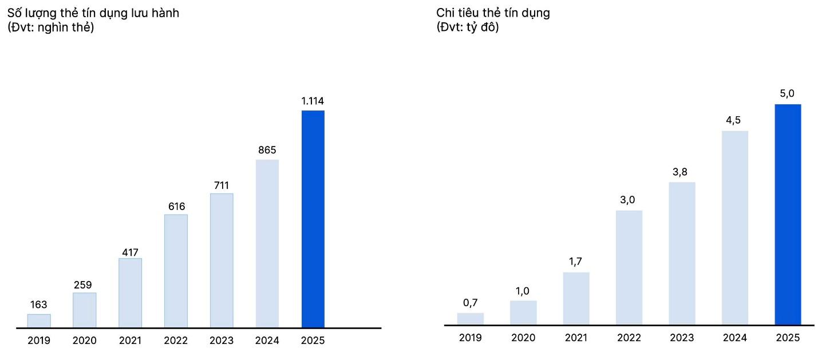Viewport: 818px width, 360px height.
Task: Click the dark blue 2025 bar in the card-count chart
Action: click(313, 219)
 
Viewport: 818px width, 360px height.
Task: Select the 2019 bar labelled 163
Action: click(39, 321)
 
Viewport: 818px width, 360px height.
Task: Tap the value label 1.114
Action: click(313, 101)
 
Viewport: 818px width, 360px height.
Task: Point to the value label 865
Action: click(267, 151)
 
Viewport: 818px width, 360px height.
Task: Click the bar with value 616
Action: click(176, 271)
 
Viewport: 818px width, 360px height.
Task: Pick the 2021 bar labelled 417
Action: click(130, 293)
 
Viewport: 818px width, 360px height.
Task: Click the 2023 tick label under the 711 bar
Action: click(221, 341)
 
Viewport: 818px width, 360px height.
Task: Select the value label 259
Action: click(84, 284)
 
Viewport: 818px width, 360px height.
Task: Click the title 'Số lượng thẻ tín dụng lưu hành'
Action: click(93, 13)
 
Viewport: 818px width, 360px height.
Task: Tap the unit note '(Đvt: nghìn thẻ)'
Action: click(50, 27)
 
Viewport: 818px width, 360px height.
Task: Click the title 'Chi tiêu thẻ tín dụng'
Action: click(493, 13)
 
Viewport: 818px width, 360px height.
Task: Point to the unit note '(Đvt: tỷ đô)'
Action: click(468, 27)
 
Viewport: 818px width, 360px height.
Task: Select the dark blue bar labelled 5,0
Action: click(787, 215)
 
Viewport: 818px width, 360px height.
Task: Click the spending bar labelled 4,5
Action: click(734, 228)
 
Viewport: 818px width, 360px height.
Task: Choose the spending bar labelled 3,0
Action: click(629, 268)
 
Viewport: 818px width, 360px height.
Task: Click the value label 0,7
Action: click(470, 303)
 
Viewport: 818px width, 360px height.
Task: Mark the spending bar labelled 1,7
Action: click(576, 299)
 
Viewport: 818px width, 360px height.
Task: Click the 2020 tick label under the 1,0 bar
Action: click(523, 338)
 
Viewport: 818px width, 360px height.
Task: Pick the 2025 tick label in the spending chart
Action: click(787, 338)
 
